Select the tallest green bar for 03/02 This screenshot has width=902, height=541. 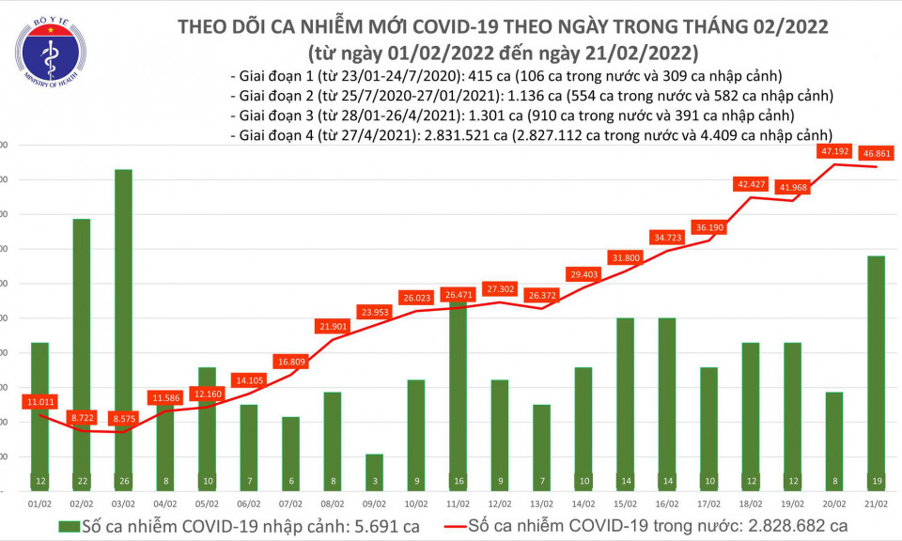[123, 329]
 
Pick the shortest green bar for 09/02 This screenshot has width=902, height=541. [374, 471]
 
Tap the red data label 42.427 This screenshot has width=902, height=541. [751, 183]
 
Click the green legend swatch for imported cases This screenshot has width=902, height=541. [70, 525]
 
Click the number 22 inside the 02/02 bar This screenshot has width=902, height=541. [81, 481]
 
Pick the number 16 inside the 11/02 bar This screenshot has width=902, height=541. [458, 481]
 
